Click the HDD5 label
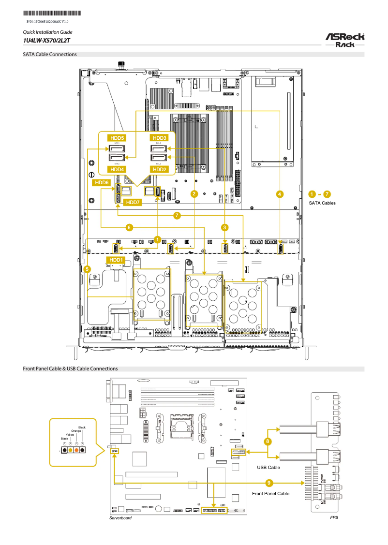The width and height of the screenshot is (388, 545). click(x=117, y=138)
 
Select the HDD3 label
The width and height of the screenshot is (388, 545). click(x=159, y=138)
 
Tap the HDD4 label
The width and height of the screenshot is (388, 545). click(x=117, y=170)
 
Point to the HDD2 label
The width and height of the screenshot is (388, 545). click(x=159, y=170)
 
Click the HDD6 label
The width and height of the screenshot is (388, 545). click(x=102, y=183)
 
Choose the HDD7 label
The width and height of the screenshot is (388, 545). click(x=133, y=202)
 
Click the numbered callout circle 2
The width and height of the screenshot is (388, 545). click(x=194, y=194)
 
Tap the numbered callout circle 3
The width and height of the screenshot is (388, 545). click(x=224, y=226)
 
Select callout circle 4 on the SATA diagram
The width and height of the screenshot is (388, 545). click(x=280, y=194)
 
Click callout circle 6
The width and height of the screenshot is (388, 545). click(x=129, y=226)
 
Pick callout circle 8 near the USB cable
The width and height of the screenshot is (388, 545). click(x=268, y=441)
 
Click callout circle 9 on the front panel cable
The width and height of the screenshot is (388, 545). click(x=269, y=482)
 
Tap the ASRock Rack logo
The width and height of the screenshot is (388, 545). click(x=344, y=40)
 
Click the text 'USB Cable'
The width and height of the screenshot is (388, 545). click(x=268, y=468)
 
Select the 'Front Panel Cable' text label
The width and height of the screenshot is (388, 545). click(x=271, y=493)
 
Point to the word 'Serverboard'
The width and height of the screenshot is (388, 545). click(x=120, y=518)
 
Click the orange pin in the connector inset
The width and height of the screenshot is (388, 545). click(x=76, y=451)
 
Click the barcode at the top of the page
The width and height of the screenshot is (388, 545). click(x=52, y=14)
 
